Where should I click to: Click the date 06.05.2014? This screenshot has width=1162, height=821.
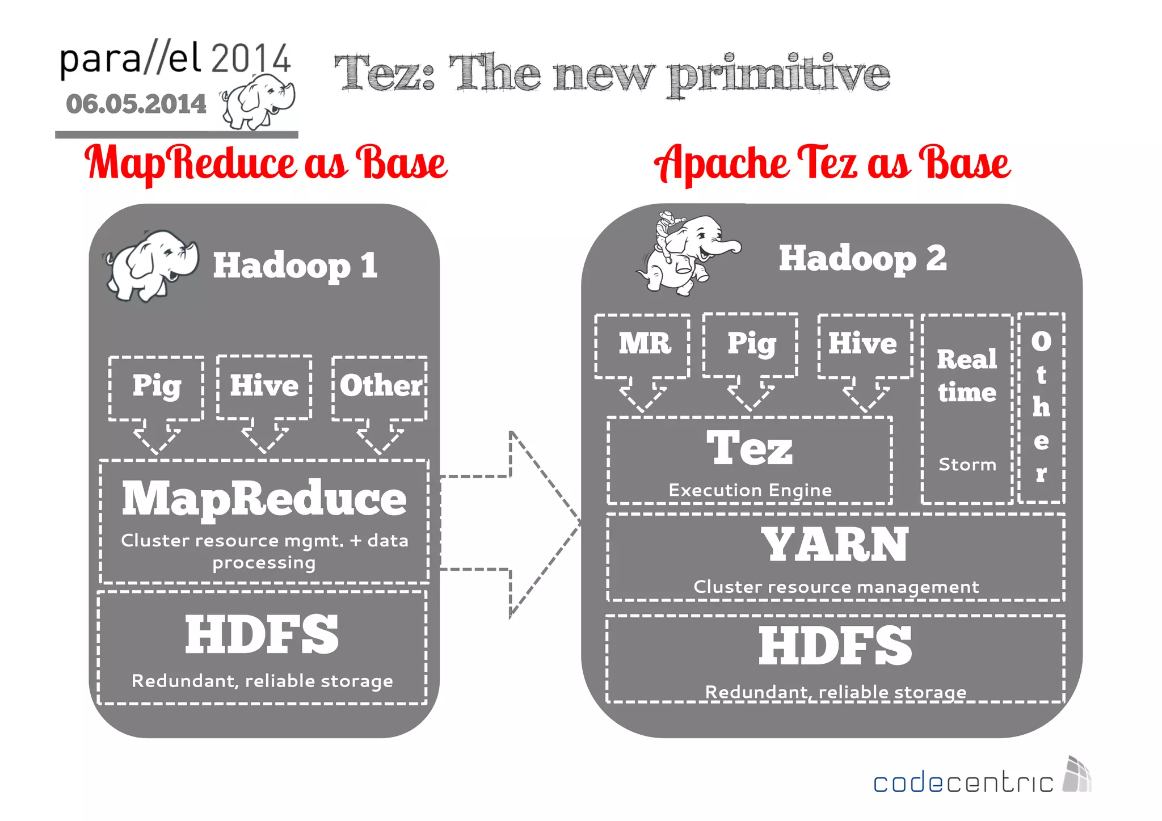tap(136, 104)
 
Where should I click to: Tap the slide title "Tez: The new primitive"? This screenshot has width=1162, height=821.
tap(612, 74)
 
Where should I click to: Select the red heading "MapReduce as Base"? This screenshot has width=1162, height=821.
tap(266, 163)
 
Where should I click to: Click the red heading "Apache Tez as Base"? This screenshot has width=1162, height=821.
tap(832, 163)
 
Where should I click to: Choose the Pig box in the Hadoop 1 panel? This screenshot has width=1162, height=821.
tap(157, 388)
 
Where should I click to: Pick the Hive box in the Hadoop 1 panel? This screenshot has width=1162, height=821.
tap(264, 386)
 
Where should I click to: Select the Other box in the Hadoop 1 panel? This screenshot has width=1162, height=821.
tap(380, 388)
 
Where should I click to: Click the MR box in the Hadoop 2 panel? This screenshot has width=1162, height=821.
tap(643, 344)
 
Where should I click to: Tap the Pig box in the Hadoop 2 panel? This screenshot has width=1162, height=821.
tap(751, 344)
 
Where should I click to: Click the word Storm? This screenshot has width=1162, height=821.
tap(967, 465)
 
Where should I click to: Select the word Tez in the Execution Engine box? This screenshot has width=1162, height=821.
tap(749, 448)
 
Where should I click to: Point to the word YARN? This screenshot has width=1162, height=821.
tap(835, 545)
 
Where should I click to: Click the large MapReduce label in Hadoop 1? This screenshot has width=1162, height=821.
tap(264, 498)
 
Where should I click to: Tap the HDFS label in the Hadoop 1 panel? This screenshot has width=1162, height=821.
tap(262, 634)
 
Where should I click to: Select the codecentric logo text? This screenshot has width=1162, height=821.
tap(963, 783)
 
